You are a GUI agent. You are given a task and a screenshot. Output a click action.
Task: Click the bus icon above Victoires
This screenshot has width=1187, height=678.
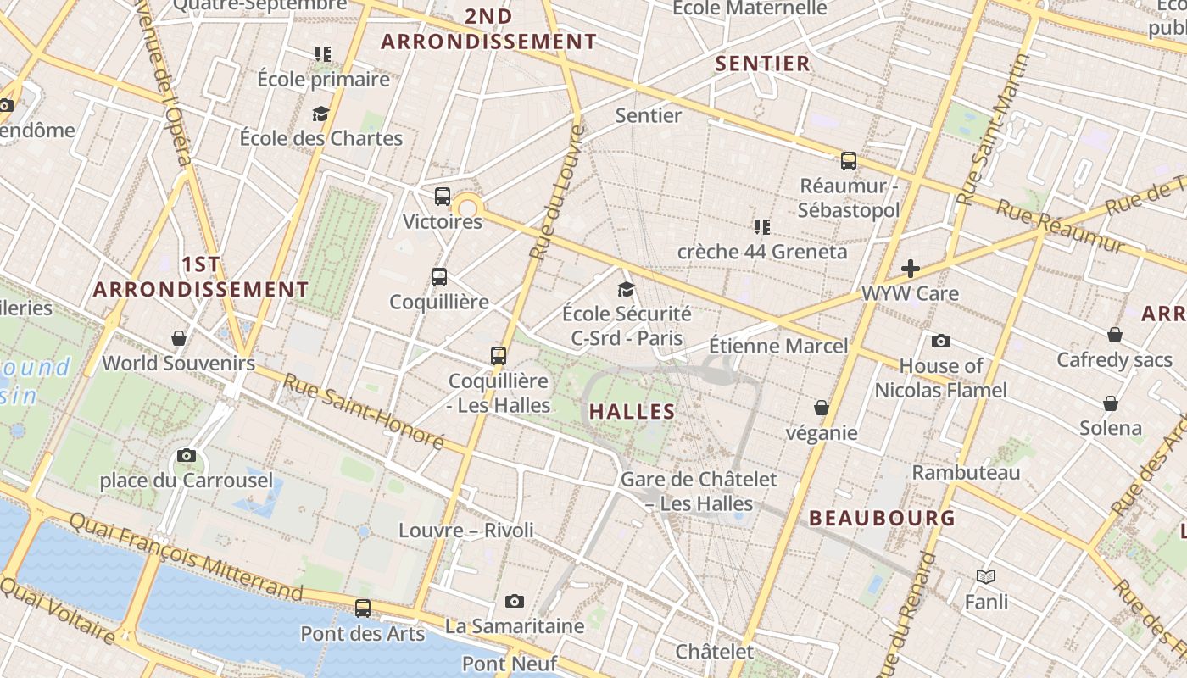[x=443, y=197]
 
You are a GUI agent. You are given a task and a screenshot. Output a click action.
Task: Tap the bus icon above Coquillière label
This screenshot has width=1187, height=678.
[x=439, y=277]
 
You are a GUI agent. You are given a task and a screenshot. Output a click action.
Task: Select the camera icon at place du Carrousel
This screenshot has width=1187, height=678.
[x=187, y=456]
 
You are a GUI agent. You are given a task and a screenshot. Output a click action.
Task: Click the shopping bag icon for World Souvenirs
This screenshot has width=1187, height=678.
[x=179, y=338]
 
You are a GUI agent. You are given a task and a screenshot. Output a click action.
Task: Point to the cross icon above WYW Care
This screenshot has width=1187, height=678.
[x=911, y=269]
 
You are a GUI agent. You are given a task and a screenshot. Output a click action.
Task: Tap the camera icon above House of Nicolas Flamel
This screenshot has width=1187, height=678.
[x=940, y=342]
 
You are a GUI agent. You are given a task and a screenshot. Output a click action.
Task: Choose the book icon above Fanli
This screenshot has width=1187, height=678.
[x=986, y=577]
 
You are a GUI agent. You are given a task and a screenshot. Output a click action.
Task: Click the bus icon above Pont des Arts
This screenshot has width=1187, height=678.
[x=363, y=608]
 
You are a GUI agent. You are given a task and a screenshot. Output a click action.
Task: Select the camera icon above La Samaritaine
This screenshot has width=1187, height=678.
[x=514, y=602]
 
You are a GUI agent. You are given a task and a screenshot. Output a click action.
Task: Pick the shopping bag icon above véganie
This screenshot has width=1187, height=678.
[x=821, y=408]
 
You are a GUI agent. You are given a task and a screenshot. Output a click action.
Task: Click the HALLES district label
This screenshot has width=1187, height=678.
[x=632, y=412]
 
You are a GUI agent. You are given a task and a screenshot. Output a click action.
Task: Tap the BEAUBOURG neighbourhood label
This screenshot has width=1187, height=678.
[x=882, y=518]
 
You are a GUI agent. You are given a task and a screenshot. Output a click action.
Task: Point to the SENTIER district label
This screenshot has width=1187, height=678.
[x=762, y=64]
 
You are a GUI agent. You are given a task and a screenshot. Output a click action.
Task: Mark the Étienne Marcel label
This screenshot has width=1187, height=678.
[x=777, y=346]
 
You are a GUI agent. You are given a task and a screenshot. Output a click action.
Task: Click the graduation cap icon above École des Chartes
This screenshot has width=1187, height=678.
[x=320, y=114]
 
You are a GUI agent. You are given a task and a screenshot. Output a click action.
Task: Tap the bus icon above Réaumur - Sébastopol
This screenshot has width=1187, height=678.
[x=849, y=161]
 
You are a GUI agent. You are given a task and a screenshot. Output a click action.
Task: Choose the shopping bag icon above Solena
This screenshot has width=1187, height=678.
[x=1111, y=403]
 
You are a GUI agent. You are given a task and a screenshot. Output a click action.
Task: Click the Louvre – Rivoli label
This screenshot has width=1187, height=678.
[x=466, y=531]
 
